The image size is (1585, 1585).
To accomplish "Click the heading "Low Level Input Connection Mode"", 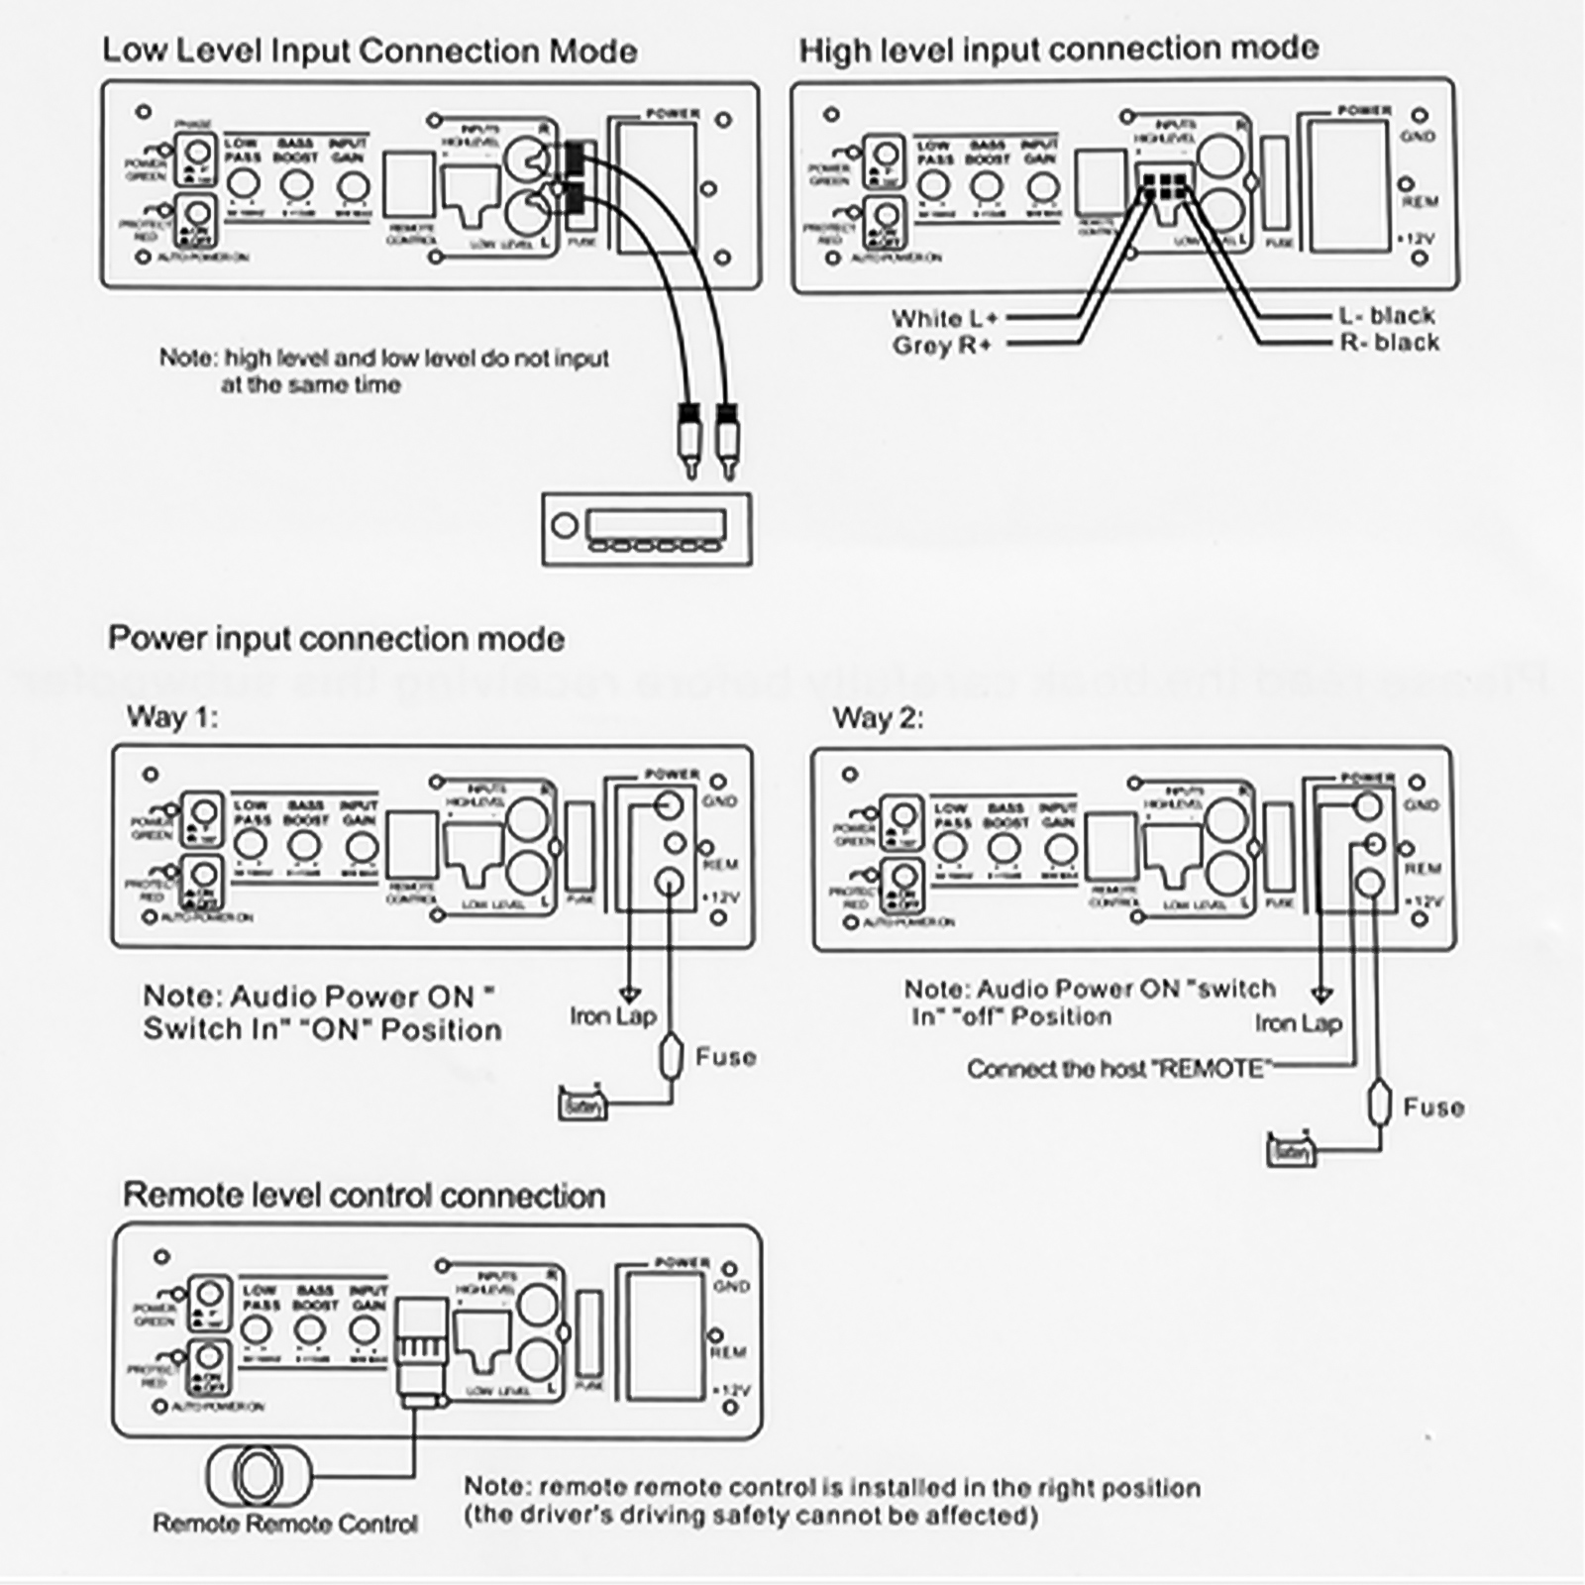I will pos(370,52).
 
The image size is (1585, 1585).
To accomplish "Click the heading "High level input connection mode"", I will pos(1058,50).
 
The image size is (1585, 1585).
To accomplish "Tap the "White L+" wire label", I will pos(944,319).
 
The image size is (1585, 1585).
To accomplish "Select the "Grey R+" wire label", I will pos(941,346).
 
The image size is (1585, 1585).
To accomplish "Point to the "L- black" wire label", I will pos(1386,316).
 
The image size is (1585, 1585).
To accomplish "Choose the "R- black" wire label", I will pos(1389,343).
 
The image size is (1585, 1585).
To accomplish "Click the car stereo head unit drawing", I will pos(647,529).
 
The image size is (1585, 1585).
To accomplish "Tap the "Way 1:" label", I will pos(171,716).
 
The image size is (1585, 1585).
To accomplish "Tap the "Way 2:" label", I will pos(878,718).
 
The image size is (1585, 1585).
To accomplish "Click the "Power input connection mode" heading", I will pos(336,639).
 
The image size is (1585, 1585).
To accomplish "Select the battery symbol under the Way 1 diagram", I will pos(581,1104).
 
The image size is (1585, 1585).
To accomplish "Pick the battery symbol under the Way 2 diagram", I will pos(1291,1151).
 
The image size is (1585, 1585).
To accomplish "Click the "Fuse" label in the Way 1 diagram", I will pos(725,1057).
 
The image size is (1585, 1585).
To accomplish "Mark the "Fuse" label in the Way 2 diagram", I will pos(1433,1108).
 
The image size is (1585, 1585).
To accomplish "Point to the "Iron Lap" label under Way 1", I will pos(612,1016).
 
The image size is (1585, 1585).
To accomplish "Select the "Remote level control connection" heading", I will pos(364,1196).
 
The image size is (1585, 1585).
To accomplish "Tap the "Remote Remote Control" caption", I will pos(285,1524).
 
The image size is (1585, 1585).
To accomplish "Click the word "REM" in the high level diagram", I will pos(1420,201).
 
